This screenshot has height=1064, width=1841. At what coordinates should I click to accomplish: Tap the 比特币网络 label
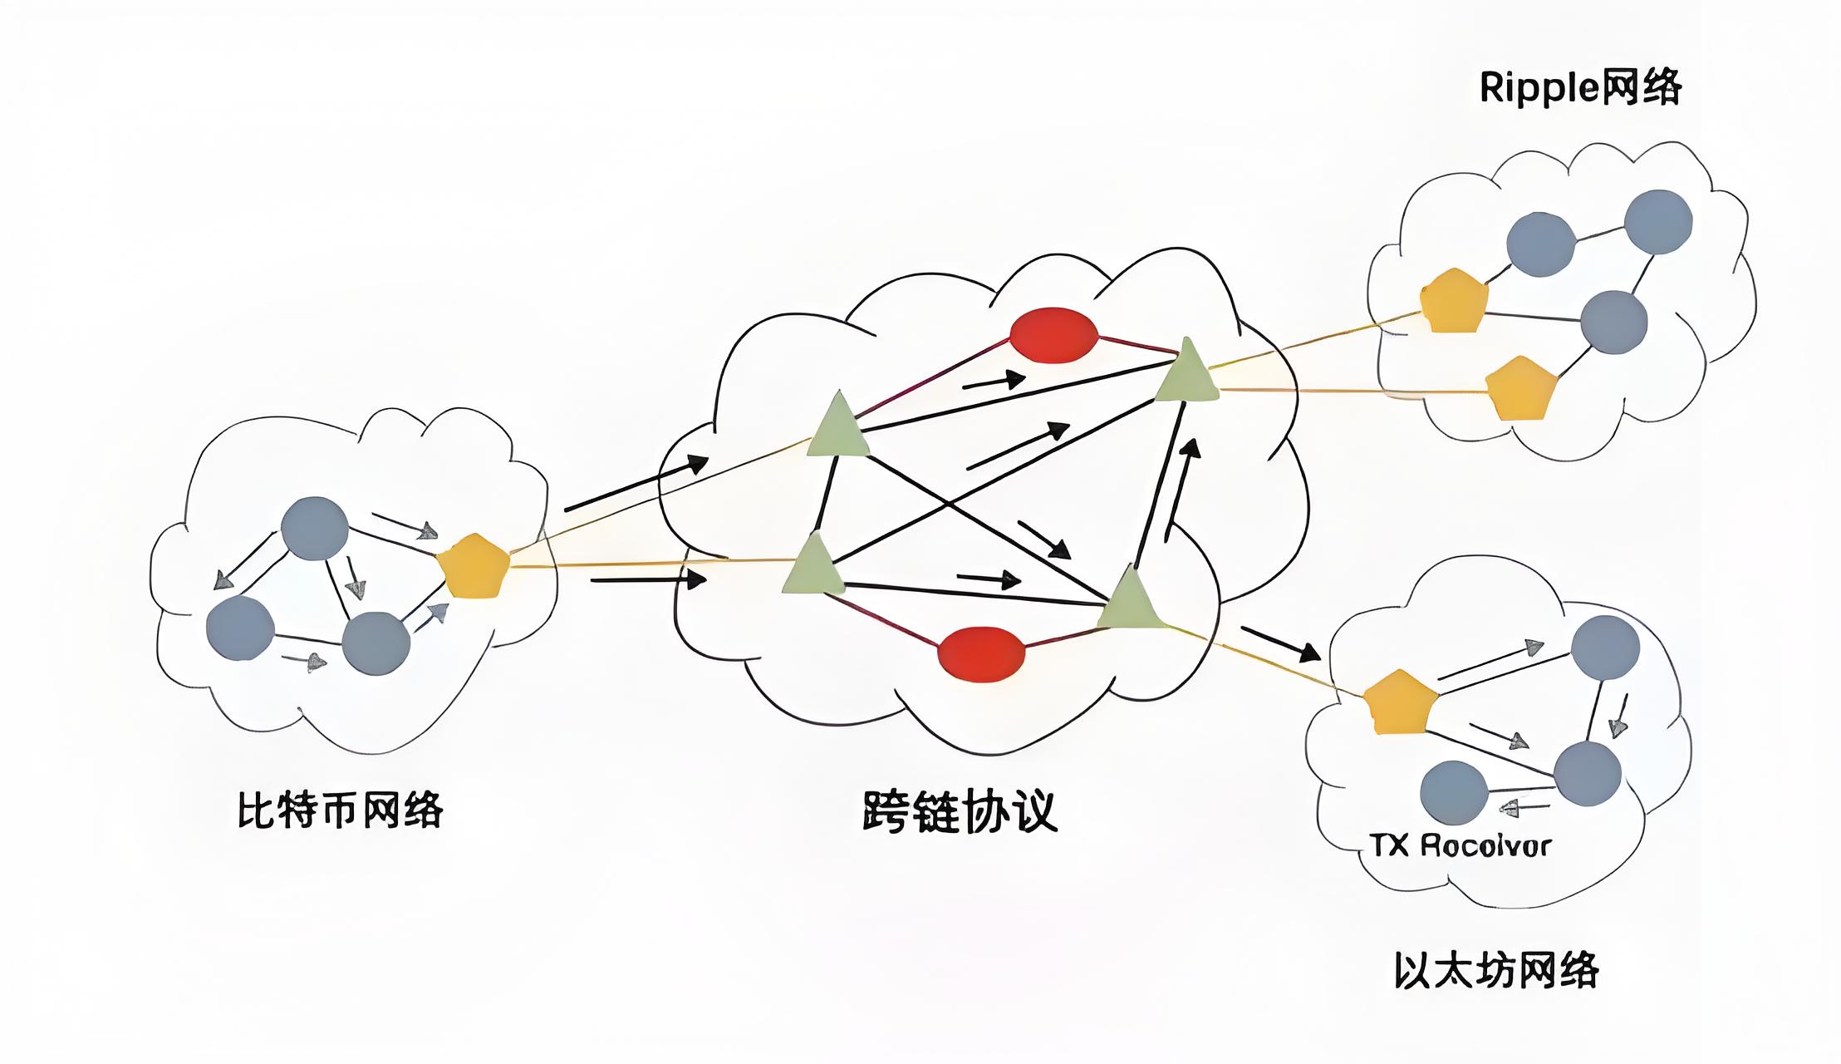[x=341, y=810]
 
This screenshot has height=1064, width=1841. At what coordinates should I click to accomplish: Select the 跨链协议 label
[x=960, y=811]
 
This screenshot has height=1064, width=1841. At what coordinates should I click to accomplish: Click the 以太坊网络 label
[x=1495, y=970]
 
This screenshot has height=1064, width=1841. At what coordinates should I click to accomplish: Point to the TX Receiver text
[x=1461, y=846]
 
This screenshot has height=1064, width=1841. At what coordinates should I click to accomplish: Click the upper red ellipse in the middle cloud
[x=1053, y=335]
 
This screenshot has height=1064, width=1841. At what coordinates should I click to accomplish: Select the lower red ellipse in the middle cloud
[x=981, y=653]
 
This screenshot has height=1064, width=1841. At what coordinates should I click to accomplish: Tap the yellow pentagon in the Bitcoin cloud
[x=472, y=567]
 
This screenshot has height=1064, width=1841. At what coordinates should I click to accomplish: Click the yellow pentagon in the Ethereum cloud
[x=1400, y=703]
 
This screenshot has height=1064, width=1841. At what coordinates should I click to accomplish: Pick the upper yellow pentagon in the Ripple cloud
[x=1453, y=302]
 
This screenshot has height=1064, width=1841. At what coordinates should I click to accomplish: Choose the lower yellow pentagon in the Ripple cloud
[x=1519, y=390]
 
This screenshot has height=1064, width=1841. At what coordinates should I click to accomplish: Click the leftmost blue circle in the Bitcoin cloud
[x=240, y=627]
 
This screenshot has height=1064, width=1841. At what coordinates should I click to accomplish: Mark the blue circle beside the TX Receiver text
[x=1453, y=792]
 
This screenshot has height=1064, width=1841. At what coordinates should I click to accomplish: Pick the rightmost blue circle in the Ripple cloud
[x=1657, y=222]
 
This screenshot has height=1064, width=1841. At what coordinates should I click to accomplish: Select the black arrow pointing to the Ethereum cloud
[x=1280, y=643]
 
